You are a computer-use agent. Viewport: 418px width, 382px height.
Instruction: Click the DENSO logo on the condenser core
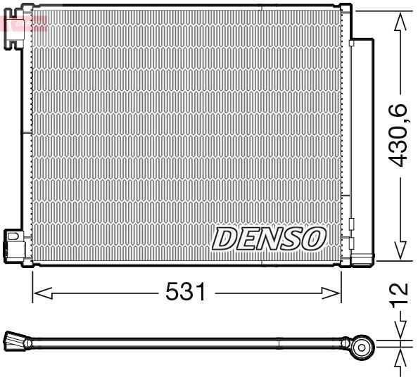268,238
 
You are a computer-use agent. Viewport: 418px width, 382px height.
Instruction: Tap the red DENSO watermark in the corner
26,23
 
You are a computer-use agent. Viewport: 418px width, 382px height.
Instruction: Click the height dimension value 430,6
399,134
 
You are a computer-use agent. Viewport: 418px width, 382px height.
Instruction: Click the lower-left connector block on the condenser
13,243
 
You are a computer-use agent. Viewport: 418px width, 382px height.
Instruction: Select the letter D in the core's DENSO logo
226,238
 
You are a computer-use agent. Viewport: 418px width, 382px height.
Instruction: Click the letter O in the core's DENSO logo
313,238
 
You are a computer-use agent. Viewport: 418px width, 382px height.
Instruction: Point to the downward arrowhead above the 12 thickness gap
400,332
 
